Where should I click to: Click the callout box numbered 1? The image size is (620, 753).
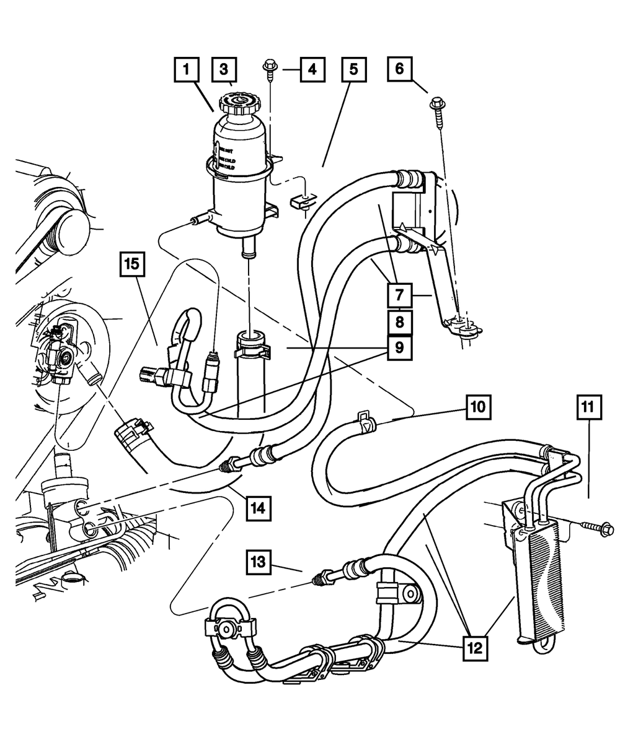point(186,69)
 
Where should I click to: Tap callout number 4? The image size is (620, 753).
point(312,69)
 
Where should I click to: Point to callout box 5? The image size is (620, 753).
point(353,69)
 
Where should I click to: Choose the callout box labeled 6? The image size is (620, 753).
point(399,68)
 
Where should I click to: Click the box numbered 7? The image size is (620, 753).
point(400,295)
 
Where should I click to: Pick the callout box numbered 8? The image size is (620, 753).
point(400,321)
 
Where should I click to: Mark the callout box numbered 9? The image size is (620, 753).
point(400,347)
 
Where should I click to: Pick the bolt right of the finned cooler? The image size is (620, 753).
point(607,531)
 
